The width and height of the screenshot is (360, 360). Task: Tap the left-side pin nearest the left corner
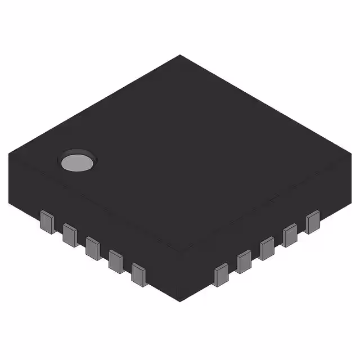coord(47,222)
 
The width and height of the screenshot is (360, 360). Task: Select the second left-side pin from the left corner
coord(70,234)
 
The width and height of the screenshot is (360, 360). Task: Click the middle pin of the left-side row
coord(93,247)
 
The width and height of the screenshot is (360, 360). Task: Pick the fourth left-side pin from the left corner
coord(116,260)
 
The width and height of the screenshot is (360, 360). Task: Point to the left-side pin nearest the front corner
coord(139,274)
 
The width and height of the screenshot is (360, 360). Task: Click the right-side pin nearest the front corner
coord(221,274)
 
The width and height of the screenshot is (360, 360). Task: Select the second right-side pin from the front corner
coord(244,262)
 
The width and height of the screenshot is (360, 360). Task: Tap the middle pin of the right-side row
coord(267,248)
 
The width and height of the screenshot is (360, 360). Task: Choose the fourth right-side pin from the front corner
coord(290,235)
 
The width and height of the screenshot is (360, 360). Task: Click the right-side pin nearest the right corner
coord(313,222)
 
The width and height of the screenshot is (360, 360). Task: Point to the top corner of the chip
coord(180,55)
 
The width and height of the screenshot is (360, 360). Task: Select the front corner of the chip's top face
coord(180,253)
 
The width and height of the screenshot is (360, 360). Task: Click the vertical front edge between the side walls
coord(180,278)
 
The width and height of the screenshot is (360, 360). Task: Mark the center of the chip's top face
coord(180,155)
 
